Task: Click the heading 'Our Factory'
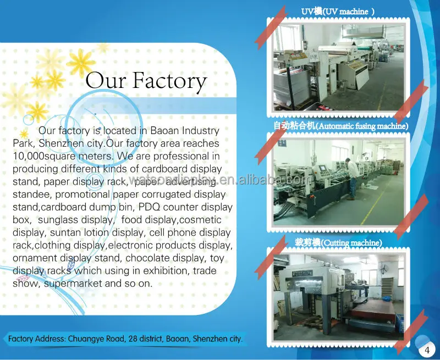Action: [146, 81]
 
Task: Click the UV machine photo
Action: [338, 66]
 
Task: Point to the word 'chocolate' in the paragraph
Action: [149, 258]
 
